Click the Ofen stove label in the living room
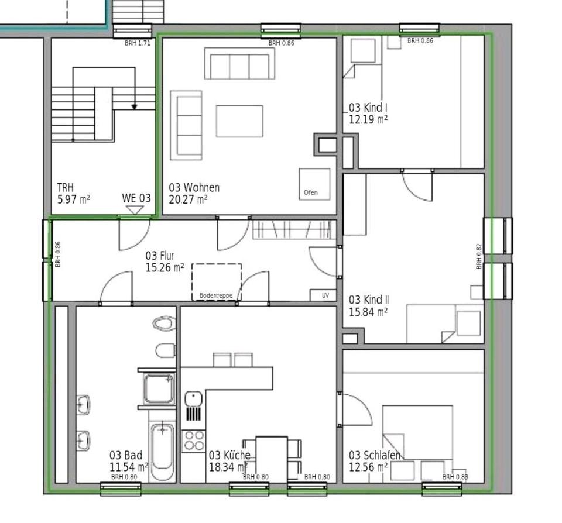[311, 192]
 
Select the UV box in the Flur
[323, 295]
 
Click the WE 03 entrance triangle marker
[135, 210]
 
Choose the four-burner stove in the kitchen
[194, 441]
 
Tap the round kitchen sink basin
[194, 398]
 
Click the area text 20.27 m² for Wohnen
[188, 199]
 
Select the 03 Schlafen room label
[375, 455]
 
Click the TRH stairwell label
[65, 187]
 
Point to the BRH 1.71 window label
[138, 43]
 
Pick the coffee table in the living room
[239, 121]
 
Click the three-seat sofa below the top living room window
[239, 63]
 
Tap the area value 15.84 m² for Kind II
[368, 312]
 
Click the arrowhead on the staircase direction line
[135, 106]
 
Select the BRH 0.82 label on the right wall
[479, 256]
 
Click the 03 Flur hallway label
[159, 256]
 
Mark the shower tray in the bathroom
[159, 388]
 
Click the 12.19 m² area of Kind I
[368, 119]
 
